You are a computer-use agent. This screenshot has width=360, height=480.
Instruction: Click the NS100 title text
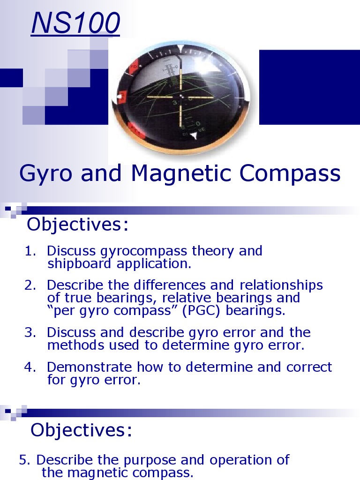75,24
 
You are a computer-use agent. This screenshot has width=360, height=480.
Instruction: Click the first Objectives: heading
78,225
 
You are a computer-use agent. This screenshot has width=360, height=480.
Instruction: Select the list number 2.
30,285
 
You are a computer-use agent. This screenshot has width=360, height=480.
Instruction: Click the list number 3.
30,333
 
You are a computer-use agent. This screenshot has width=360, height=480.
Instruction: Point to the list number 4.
30,367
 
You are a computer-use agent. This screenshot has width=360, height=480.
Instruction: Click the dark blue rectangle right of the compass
309,87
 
